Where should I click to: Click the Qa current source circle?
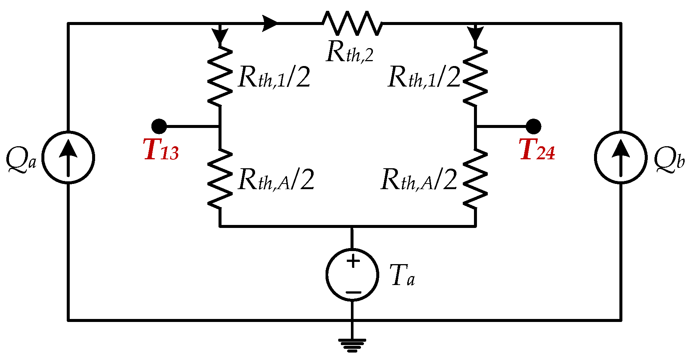tap(68, 157)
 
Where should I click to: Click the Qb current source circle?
tap(621, 157)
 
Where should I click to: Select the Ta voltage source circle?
tap(352, 275)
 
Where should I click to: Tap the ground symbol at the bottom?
tap(352, 345)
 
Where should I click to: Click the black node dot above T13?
tap(159, 126)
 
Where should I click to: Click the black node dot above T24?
tap(534, 126)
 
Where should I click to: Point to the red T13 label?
tap(161, 150)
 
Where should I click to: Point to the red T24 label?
tap(537, 150)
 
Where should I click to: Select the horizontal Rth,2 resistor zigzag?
tap(352, 23)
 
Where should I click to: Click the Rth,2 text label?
tap(349, 52)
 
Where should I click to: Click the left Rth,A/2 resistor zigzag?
tap(220, 178)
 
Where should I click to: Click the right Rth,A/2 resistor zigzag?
tap(475, 178)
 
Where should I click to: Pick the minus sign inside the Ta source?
tap(353, 292)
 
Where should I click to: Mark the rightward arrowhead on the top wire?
tap(270, 23)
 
